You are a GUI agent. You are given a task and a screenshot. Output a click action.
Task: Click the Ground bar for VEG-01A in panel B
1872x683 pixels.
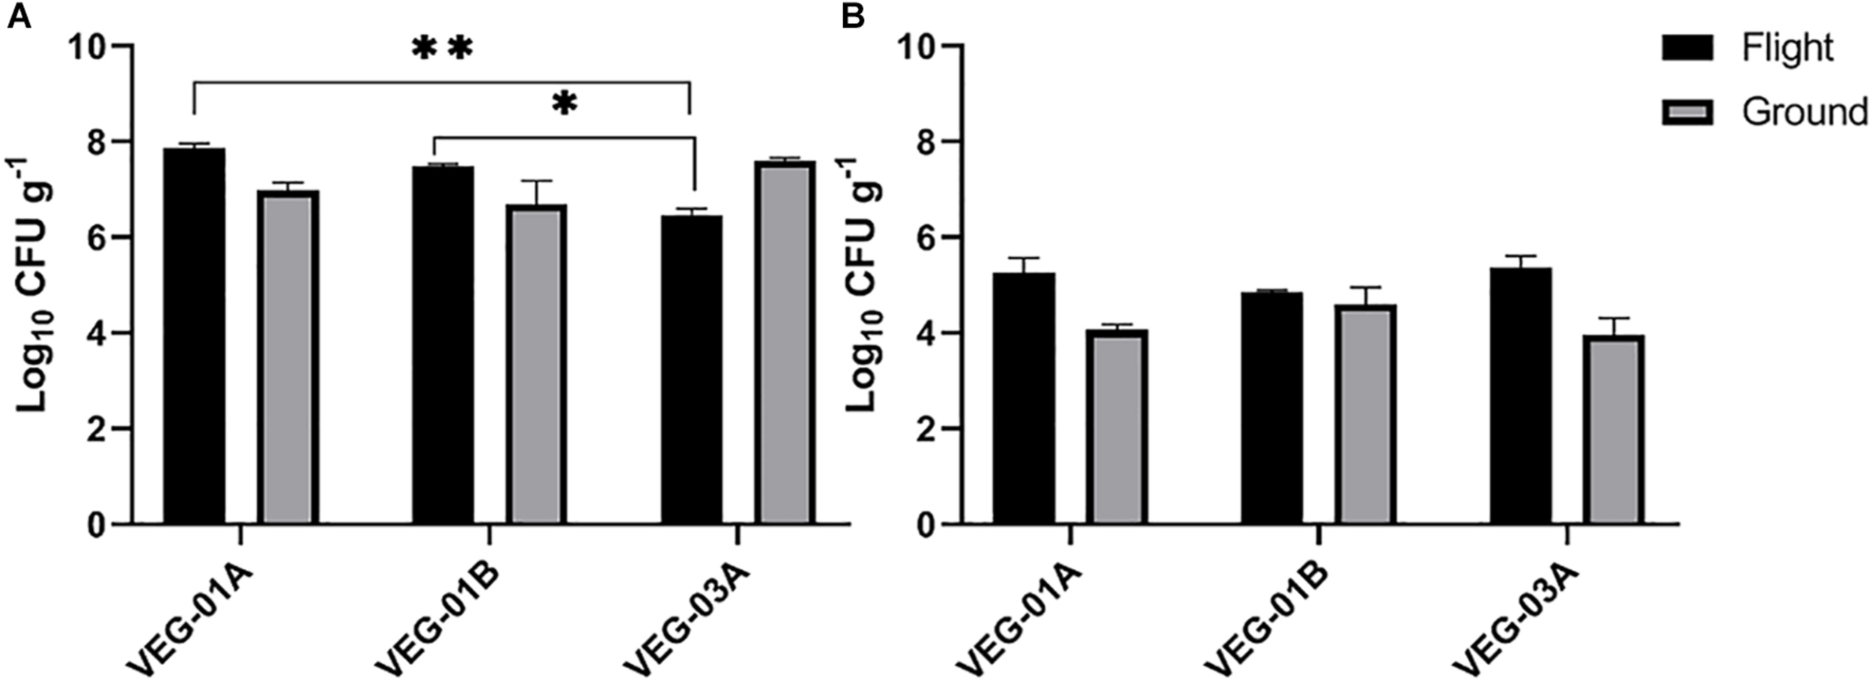(1116, 426)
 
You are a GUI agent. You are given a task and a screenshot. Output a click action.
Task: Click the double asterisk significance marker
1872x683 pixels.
(443, 49)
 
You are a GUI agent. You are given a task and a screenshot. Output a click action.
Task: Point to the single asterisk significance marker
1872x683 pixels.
(565, 104)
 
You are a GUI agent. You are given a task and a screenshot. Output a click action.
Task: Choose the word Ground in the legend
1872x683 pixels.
(1804, 112)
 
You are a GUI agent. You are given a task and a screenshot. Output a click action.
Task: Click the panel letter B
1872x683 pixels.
(852, 16)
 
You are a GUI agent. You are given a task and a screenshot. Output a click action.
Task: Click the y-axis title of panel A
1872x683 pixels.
(34, 285)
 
